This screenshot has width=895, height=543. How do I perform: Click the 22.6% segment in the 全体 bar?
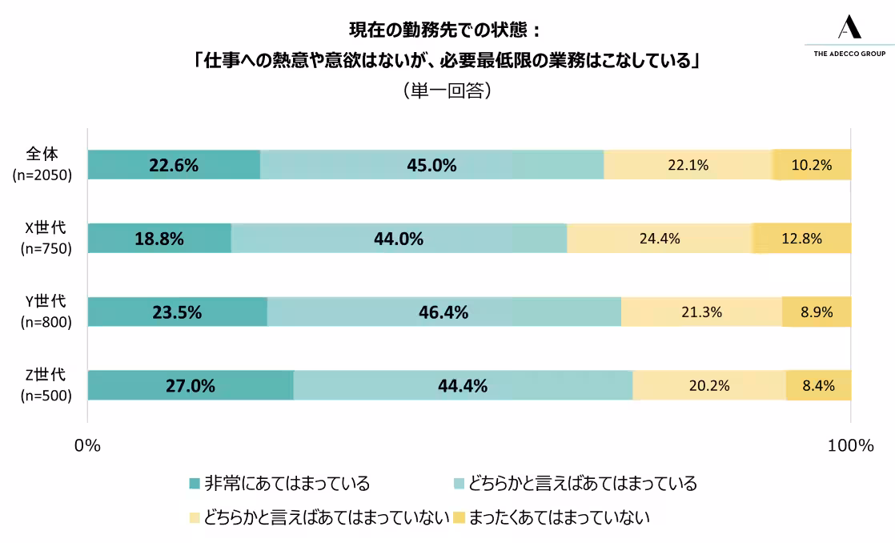[x=174, y=165]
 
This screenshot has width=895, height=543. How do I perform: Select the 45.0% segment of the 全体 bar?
[x=431, y=165]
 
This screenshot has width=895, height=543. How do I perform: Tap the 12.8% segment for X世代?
[x=802, y=238]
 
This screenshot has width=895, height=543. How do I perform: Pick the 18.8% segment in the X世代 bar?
[x=159, y=238]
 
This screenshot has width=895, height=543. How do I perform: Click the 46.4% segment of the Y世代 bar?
[x=443, y=312]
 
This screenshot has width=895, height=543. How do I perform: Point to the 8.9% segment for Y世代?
[x=817, y=312]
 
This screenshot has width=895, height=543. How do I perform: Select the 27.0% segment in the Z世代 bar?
[x=191, y=385]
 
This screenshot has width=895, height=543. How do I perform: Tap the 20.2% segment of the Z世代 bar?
[x=709, y=385]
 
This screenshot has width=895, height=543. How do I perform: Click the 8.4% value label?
[x=818, y=385]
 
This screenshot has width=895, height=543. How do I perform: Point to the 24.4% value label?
[x=660, y=238]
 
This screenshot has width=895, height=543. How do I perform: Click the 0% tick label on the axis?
[x=87, y=446]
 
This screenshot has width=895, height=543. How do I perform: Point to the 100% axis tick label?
[x=850, y=446]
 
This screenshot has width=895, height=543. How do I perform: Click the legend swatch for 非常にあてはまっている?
[x=194, y=484]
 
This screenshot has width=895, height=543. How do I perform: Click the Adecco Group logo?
[x=849, y=36]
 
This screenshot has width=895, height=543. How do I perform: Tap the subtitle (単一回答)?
[x=447, y=90]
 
